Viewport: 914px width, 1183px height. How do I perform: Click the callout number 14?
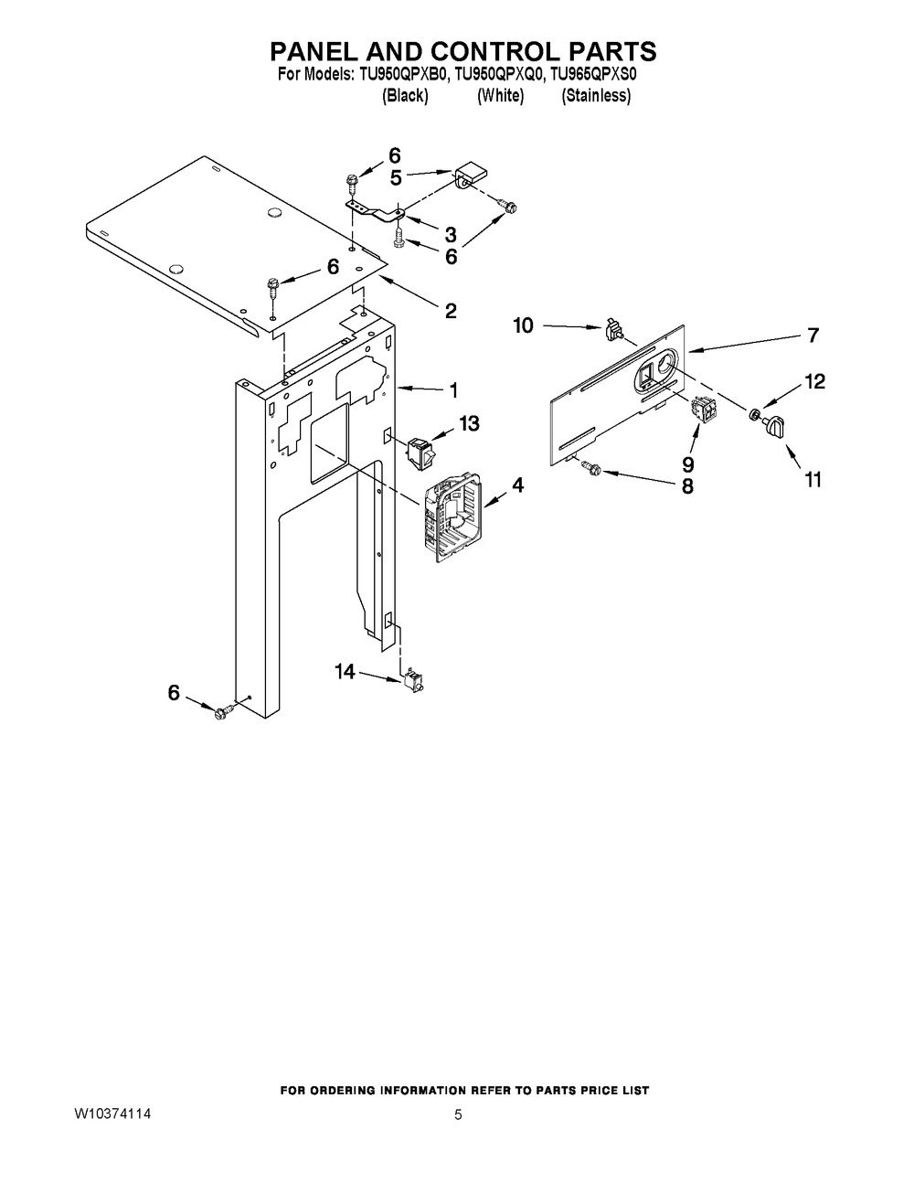tap(345, 672)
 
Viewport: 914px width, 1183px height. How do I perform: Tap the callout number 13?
tap(469, 423)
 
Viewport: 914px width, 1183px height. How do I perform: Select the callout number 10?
tap(523, 325)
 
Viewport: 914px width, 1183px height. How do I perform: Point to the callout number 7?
tap(813, 335)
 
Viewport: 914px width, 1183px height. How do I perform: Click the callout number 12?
tap(813, 382)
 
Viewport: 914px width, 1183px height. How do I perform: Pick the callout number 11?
tap(813, 478)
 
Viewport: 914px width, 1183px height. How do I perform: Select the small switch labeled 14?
tap(413, 680)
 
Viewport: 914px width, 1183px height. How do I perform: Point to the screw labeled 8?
tap(590, 468)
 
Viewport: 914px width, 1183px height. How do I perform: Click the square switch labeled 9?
tap(704, 411)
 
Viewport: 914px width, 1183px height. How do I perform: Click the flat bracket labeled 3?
tap(375, 211)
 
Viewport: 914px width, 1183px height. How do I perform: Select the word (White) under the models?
tap(500, 96)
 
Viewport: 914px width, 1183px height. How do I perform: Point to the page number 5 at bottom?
tap(459, 1114)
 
